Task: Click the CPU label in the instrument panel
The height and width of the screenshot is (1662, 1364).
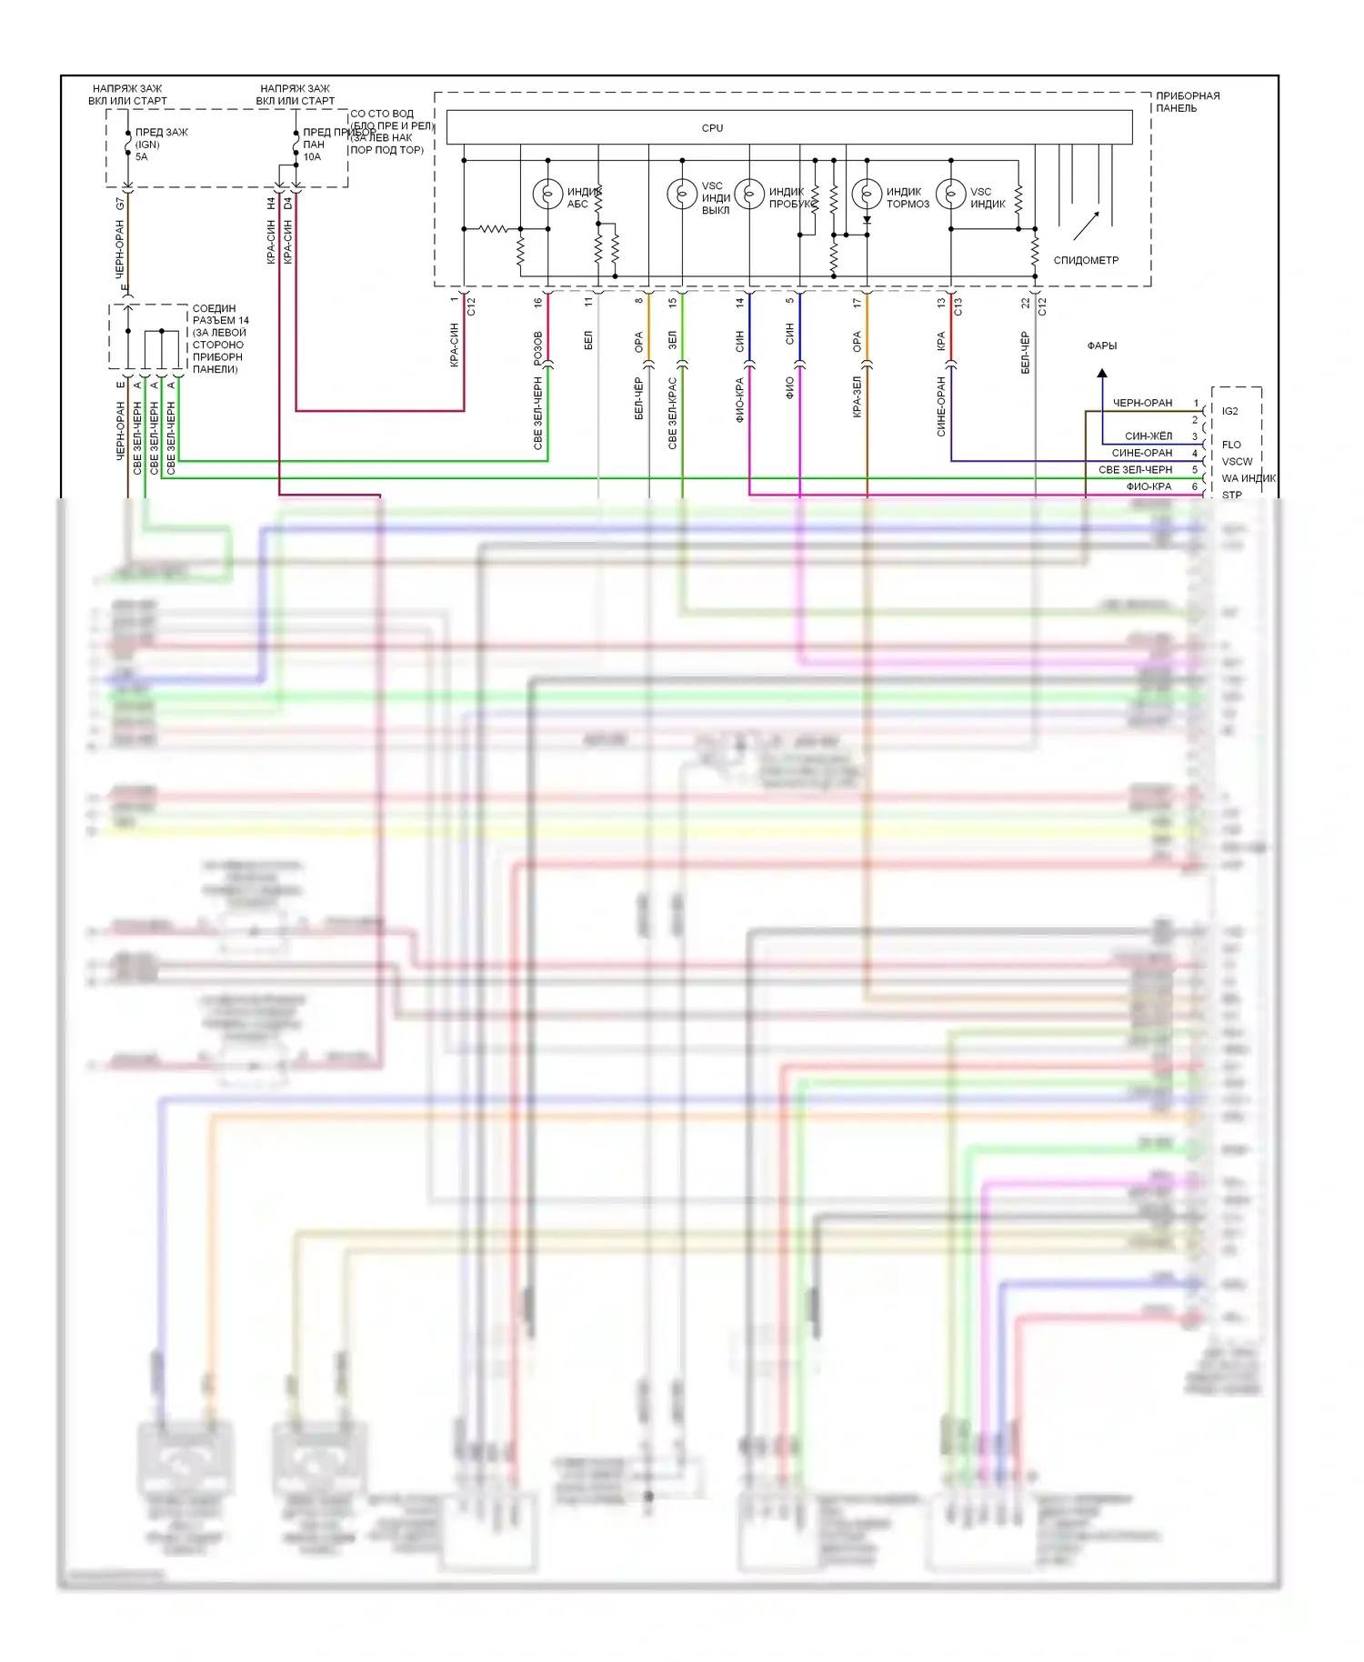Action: [712, 128]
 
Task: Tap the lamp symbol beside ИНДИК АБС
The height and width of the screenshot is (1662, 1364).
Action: [547, 194]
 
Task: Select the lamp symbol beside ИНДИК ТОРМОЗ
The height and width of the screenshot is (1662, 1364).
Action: [867, 194]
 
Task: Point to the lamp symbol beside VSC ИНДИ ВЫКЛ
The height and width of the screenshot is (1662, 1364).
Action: [682, 194]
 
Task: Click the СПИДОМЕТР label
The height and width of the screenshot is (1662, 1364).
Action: [1086, 260]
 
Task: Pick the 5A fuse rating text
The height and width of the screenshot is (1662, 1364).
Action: [141, 157]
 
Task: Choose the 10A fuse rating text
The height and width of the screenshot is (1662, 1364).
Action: [312, 157]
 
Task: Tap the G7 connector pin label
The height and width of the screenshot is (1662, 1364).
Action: [120, 204]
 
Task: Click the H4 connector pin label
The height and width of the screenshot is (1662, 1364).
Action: [271, 204]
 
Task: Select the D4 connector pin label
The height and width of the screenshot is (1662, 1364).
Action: [287, 204]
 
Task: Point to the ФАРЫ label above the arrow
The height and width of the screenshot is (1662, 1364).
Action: [1102, 345]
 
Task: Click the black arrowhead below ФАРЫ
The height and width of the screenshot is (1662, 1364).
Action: [1102, 373]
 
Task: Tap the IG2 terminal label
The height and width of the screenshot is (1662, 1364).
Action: [1229, 411]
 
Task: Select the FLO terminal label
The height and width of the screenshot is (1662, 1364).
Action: [1231, 445]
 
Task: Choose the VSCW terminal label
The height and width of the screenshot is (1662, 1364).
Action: [1237, 461]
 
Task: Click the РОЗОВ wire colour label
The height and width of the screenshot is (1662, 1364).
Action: [537, 348]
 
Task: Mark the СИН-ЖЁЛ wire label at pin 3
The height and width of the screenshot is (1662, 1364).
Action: [1148, 436]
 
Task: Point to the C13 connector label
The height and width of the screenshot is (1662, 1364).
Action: [958, 306]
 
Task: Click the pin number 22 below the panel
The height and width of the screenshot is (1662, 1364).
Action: [1025, 303]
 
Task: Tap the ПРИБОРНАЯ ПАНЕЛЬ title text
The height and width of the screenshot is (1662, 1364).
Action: [1187, 102]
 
